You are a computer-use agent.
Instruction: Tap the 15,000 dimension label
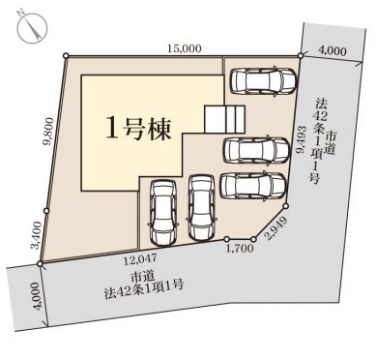tap(185, 48)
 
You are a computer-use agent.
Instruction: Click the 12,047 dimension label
tap(141, 257)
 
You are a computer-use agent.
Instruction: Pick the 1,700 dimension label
tap(240, 249)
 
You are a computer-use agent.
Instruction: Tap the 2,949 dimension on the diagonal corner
tap(275, 228)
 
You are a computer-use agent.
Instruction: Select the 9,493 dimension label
tap(303, 139)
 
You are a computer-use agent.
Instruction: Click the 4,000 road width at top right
tap(333, 50)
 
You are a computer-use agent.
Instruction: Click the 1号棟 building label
tap(138, 129)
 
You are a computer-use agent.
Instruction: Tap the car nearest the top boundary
tap(263, 81)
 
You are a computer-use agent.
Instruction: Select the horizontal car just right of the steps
tap(256, 150)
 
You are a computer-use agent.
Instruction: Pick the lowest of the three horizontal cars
tap(253, 186)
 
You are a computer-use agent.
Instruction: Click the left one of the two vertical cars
tap(163, 212)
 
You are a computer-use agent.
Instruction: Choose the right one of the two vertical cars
tap(201, 207)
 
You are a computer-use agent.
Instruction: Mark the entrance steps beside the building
tap(225, 119)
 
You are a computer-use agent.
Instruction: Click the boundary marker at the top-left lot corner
tap(66, 56)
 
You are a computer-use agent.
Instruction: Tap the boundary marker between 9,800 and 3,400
tap(46, 211)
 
